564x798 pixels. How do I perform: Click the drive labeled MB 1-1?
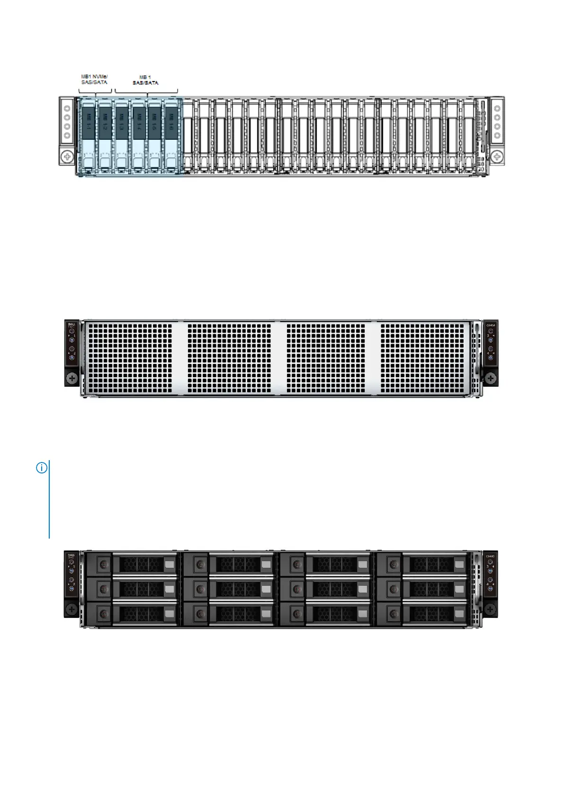click(x=88, y=135)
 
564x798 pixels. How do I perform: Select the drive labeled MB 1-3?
click(x=121, y=135)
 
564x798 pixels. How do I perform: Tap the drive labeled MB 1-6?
click(x=171, y=135)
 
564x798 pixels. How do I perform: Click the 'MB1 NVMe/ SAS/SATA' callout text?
click(x=94, y=79)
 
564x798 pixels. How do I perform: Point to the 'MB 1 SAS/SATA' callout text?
click(x=145, y=80)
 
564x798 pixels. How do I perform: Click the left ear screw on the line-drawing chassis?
click(x=67, y=156)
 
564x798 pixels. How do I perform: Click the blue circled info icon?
click(x=42, y=468)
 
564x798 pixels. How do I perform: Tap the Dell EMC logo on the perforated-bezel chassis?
click(x=72, y=326)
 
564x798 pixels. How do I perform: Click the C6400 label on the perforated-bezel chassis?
click(x=491, y=325)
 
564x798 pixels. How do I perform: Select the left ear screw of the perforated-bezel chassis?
click(x=72, y=378)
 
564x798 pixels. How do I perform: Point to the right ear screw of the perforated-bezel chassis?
click(x=491, y=378)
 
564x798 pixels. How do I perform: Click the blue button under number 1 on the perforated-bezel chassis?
click(x=72, y=340)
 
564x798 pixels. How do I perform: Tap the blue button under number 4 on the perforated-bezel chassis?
click(x=490, y=357)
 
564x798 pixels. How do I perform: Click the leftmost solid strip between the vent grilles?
click(x=180, y=358)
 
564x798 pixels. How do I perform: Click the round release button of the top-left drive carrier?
click(x=104, y=564)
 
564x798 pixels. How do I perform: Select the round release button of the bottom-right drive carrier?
click(x=394, y=614)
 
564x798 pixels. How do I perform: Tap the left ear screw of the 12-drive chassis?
click(x=72, y=608)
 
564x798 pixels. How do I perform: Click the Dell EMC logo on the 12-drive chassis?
click(x=72, y=556)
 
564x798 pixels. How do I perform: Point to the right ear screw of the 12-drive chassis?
click(x=491, y=608)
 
